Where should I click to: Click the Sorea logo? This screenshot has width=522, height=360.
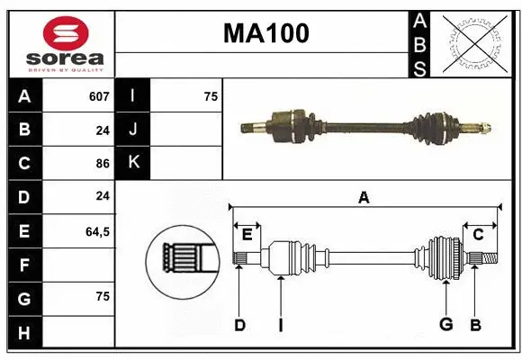tap(59, 41)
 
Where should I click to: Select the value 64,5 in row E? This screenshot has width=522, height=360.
tap(97, 231)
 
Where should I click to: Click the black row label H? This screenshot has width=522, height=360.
tap(23, 334)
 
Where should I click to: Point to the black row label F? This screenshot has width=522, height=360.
tap(23, 265)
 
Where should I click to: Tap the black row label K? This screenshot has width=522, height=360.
tap(134, 163)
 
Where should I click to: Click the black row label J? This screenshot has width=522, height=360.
tap(134, 130)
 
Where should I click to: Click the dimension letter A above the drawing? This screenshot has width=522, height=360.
tap(364, 197)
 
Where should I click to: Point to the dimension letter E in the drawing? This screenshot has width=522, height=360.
tap(247, 235)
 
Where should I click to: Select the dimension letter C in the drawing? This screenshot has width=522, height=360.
tap(478, 235)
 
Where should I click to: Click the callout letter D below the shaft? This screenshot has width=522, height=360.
tap(239, 325)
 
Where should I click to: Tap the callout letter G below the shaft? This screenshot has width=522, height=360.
tap(445, 325)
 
